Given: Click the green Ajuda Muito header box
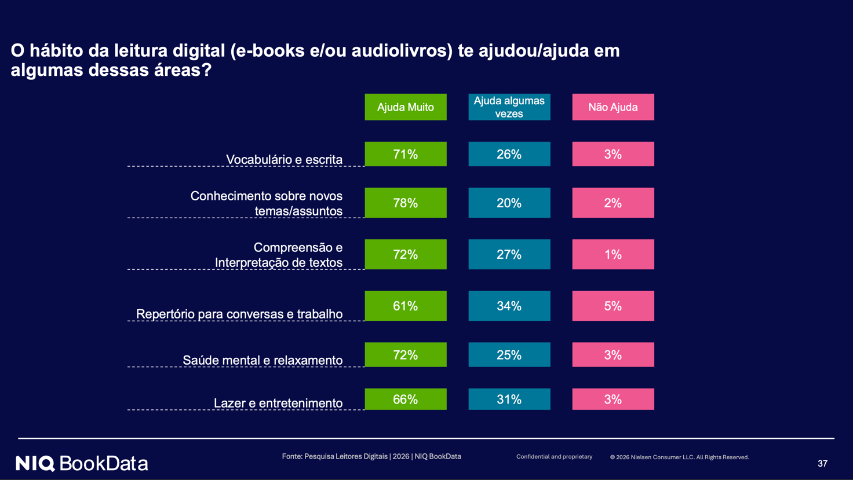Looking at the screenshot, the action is (x=406, y=107).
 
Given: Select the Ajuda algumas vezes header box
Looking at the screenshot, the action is (x=509, y=107).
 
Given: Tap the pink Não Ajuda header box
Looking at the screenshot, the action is (x=613, y=107).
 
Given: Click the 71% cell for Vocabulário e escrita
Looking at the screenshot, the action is (x=406, y=154).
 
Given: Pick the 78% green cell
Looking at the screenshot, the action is (x=406, y=203).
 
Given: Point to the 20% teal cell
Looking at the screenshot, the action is (x=509, y=203).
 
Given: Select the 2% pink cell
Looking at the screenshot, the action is (x=613, y=203).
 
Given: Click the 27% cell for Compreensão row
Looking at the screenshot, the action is (x=509, y=254).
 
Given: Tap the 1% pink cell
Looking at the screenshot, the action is (x=613, y=254).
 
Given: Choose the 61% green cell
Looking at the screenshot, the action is (x=406, y=306).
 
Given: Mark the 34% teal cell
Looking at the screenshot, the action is (x=509, y=306).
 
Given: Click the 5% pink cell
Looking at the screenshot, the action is (x=613, y=306).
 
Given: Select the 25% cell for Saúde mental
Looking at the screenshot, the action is (x=509, y=354).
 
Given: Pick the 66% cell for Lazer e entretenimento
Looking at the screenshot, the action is (x=406, y=399).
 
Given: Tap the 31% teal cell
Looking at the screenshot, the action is (x=509, y=399).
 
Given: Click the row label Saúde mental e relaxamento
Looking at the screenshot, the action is (x=263, y=360).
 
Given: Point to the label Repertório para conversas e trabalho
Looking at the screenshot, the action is (x=239, y=314).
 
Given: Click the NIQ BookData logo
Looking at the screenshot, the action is (x=82, y=463).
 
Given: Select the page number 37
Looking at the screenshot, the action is (x=822, y=463).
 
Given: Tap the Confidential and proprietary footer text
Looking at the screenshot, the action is (x=554, y=456).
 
